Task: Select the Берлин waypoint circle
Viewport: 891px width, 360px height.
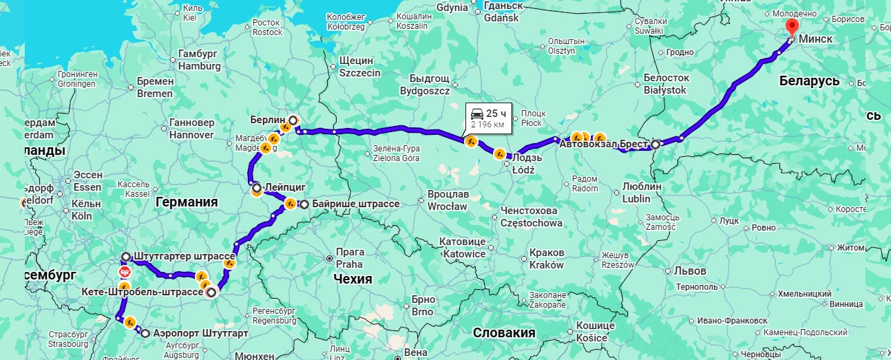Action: pyautogui.click(x=293, y=120)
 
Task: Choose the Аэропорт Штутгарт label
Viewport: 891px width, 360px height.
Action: pyautogui.click(x=200, y=333)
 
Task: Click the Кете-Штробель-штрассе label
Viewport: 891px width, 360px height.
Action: pyautogui.click(x=142, y=292)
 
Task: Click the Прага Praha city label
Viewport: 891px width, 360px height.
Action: pyautogui.click(x=349, y=258)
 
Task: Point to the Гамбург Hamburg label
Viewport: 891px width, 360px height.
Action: pyautogui.click(x=199, y=61)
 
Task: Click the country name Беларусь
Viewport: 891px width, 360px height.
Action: pyautogui.click(x=809, y=81)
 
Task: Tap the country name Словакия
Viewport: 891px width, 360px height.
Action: pyautogui.click(x=504, y=333)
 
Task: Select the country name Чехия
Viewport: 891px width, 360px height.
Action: pyautogui.click(x=352, y=279)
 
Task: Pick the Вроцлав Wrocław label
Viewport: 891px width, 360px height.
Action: pyautogui.click(x=448, y=200)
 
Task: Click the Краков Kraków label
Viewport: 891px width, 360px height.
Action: pyautogui.click(x=547, y=259)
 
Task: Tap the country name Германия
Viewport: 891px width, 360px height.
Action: pyautogui.click(x=186, y=202)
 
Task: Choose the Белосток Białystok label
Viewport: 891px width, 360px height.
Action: pyautogui.click(x=665, y=84)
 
